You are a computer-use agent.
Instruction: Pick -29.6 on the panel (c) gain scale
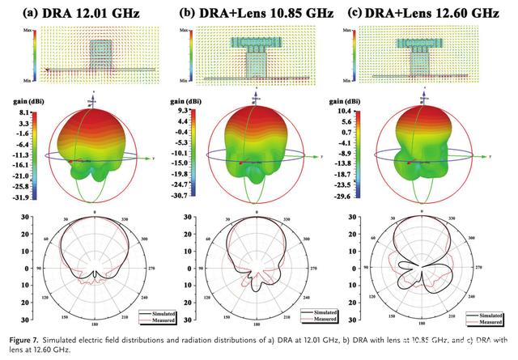(x=372, y=196)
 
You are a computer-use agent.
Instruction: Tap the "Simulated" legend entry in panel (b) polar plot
(x=317, y=311)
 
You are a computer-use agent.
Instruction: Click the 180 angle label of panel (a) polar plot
(x=94, y=324)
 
